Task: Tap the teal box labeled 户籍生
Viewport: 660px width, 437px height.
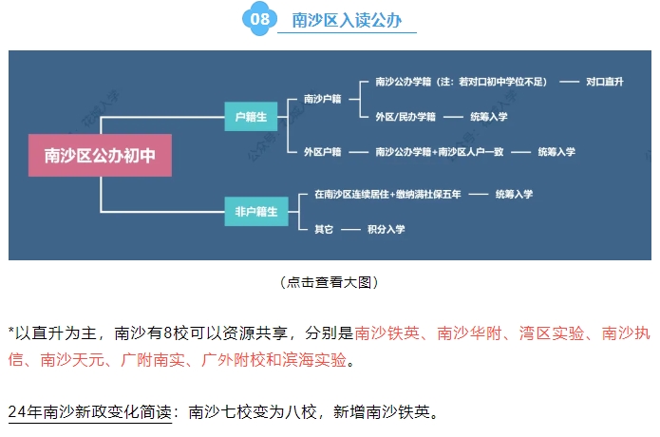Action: click(x=251, y=116)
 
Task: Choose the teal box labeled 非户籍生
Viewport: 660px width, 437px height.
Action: click(x=251, y=211)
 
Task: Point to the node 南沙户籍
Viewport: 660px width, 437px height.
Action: click(x=323, y=99)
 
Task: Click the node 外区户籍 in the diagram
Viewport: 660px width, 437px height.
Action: click(x=323, y=151)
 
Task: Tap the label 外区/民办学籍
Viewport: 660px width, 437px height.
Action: click(x=405, y=116)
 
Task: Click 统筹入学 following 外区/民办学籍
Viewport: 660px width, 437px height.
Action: click(x=489, y=116)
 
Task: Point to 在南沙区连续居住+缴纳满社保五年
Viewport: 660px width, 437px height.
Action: click(x=387, y=194)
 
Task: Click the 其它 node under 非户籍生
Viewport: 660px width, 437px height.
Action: click(x=323, y=229)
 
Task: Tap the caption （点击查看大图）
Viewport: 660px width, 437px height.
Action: click(x=330, y=282)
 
